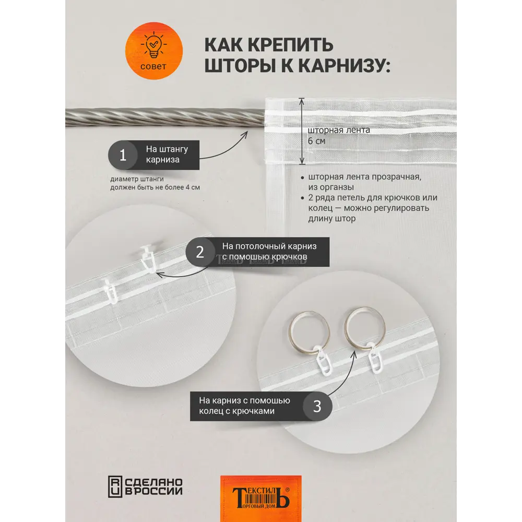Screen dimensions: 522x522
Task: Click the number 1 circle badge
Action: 123,155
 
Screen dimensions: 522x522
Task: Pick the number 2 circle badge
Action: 200,252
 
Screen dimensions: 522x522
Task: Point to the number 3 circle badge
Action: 317,406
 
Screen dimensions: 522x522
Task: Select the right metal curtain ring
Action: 365,325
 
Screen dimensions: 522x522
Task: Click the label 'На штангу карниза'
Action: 167,155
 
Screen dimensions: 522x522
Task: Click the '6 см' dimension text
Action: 316,141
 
